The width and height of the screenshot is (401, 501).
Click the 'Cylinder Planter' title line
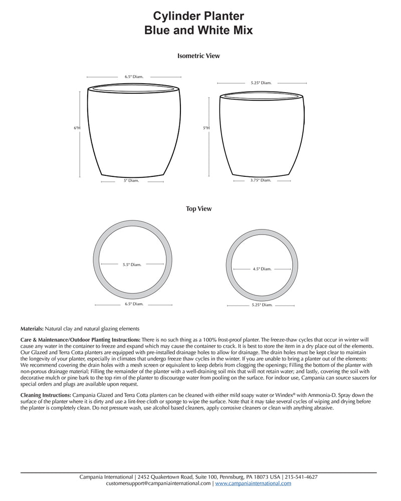198,17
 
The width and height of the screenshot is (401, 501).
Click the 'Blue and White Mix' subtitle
198,30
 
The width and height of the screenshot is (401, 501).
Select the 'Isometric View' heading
198,56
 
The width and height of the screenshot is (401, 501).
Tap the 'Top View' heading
198,209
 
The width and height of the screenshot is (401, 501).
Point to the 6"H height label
77,128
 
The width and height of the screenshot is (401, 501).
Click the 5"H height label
206,128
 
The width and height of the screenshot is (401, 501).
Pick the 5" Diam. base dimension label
131,181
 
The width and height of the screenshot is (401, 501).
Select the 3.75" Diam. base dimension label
261,180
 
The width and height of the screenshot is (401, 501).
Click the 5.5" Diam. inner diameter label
132,265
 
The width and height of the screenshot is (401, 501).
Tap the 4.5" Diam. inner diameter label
262,269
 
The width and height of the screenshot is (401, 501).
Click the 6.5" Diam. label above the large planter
134,77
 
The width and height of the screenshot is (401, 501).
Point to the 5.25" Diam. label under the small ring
262,305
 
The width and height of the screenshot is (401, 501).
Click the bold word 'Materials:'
32,329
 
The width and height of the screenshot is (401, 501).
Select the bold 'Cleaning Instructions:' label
42,395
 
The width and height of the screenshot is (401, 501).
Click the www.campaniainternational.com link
254,483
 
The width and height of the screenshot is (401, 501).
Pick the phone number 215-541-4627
301,477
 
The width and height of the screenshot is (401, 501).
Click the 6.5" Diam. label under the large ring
133,304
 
